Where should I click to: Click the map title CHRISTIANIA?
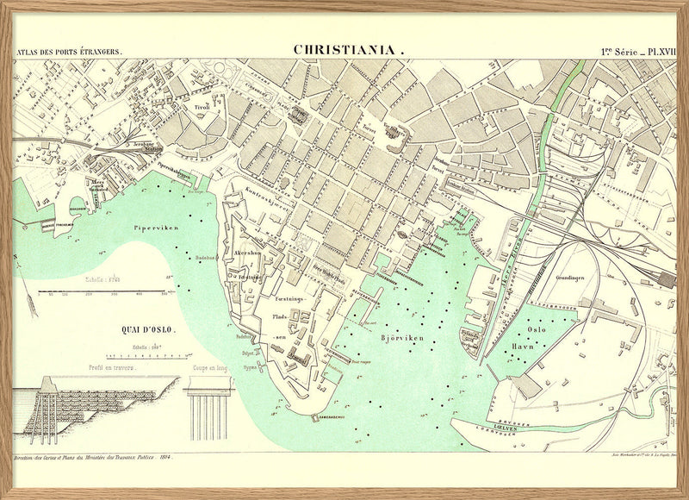[x=348, y=50]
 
